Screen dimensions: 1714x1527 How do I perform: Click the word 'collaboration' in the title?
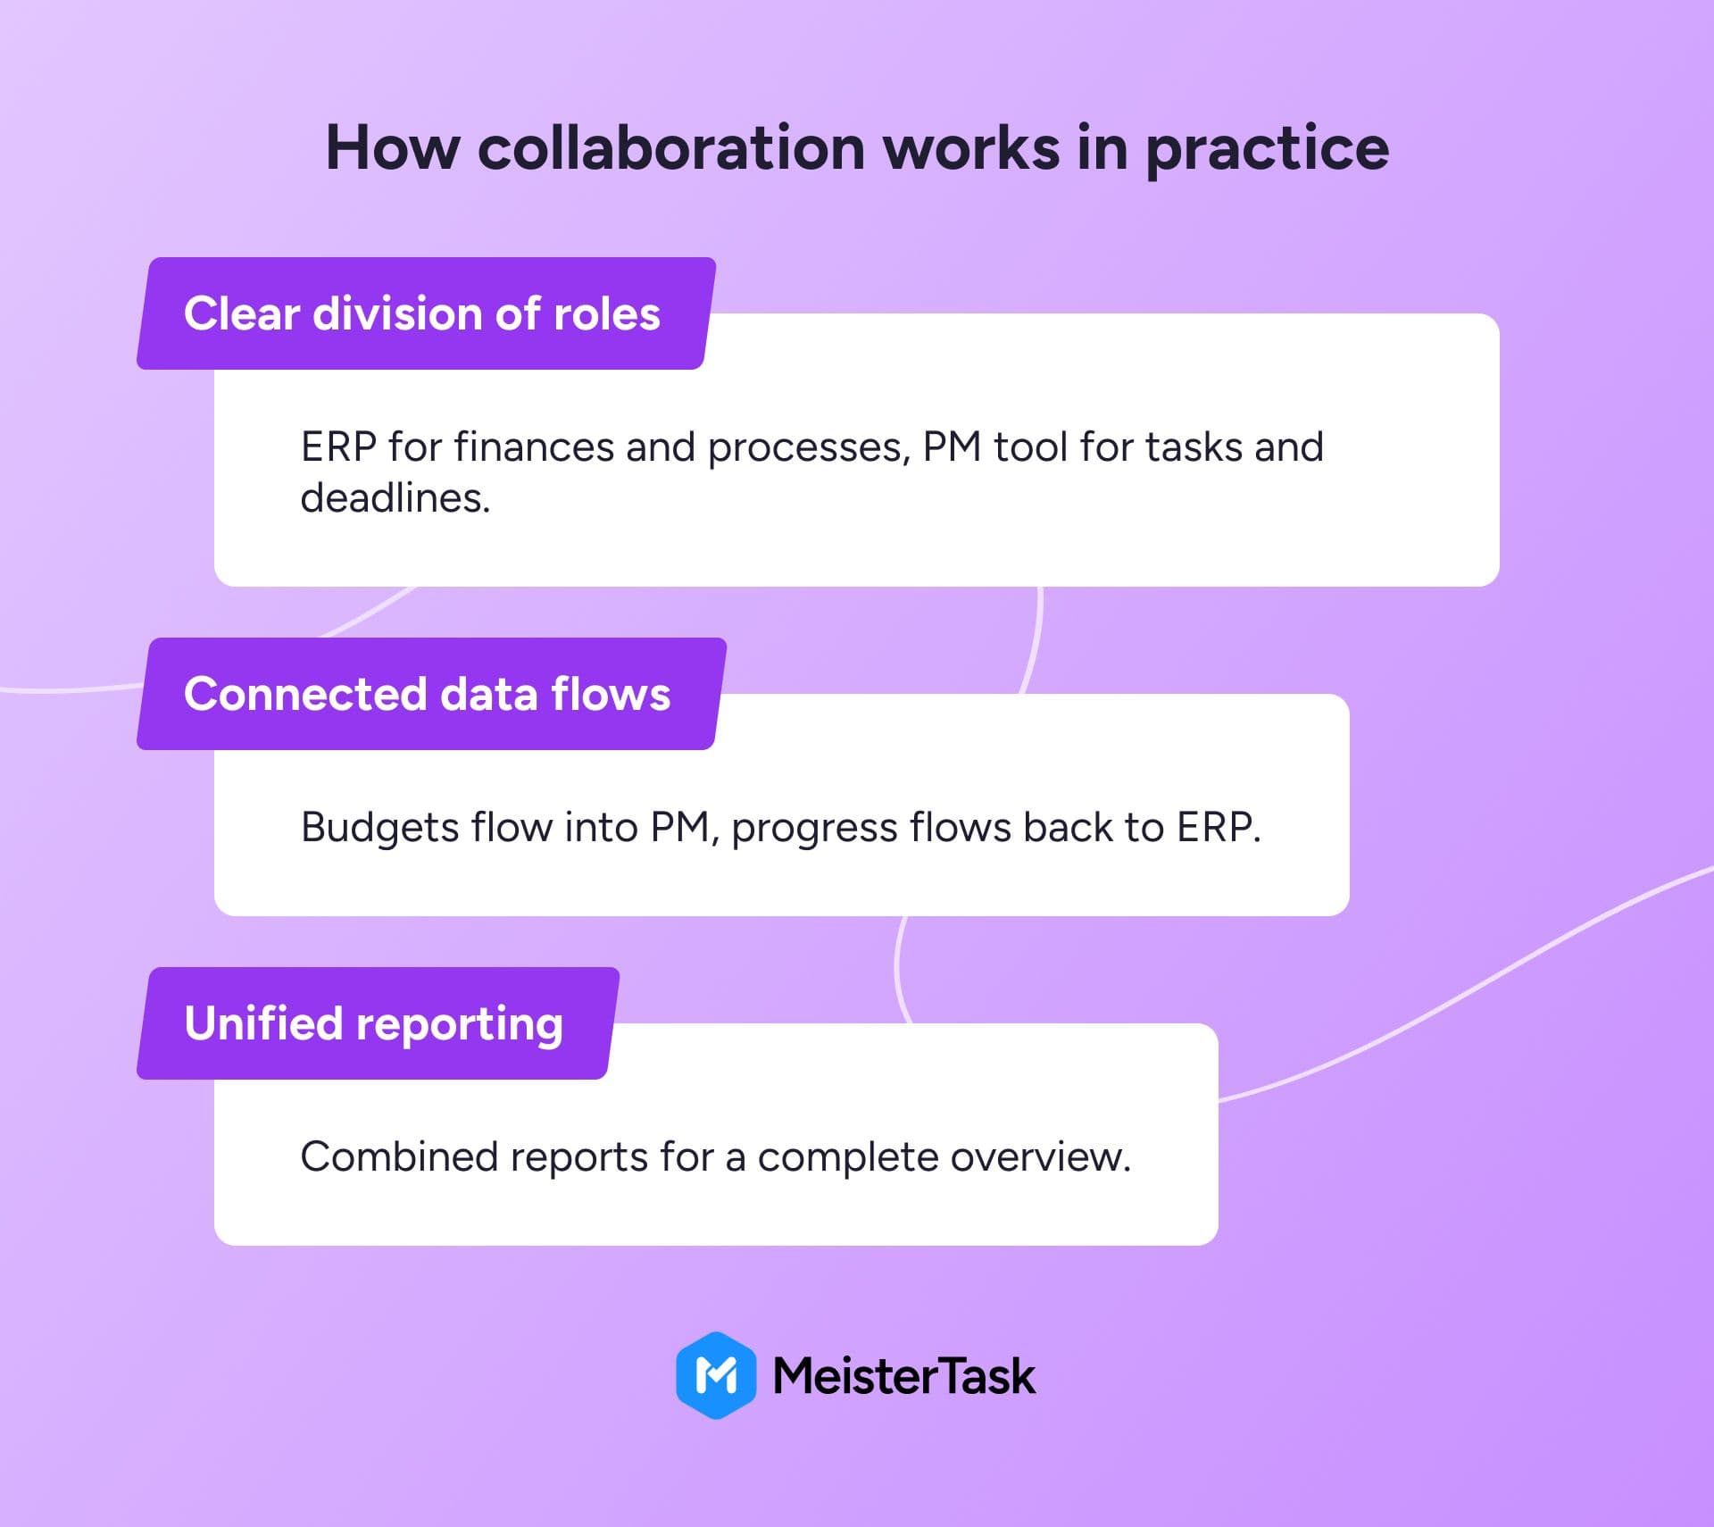coord(671,147)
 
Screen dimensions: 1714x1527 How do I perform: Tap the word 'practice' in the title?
coord(1267,150)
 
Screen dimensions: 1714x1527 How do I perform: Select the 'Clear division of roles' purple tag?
coord(426,313)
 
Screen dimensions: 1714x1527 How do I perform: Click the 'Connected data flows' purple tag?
coord(431,694)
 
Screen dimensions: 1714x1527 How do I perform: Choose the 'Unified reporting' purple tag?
coord(378,1023)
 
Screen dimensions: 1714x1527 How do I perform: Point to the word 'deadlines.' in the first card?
coord(395,497)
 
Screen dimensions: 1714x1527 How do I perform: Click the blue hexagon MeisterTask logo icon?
coord(716,1375)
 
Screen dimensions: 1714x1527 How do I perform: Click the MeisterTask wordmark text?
coord(903,1376)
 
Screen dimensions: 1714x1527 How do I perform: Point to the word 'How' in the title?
coord(393,147)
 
